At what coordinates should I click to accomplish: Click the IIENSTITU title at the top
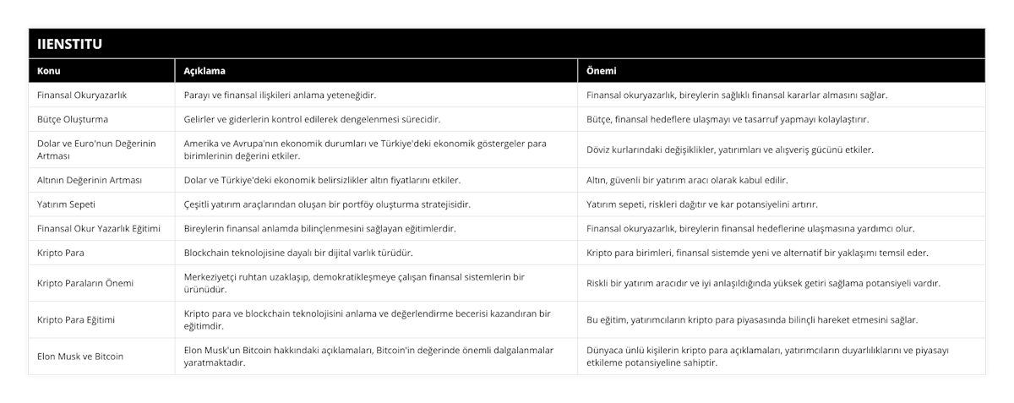68,43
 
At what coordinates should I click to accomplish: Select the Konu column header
48,71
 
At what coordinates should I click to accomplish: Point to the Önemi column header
602,71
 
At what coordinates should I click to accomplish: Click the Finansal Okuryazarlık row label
82,95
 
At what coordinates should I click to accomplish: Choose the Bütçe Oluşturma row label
73,119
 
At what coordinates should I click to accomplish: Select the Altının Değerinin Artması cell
90,180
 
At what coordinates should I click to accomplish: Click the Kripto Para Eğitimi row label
77,320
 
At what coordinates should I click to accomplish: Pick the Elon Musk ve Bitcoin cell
81,356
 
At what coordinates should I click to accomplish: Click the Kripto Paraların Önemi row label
85,283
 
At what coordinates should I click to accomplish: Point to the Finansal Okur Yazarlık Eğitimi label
99,228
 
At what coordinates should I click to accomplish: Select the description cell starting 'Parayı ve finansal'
280,95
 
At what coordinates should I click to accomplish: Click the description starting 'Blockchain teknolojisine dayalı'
299,253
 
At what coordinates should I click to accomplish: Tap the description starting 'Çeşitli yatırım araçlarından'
327,204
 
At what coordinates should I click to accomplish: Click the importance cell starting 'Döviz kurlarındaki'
730,150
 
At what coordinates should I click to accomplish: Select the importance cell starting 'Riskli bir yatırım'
763,283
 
